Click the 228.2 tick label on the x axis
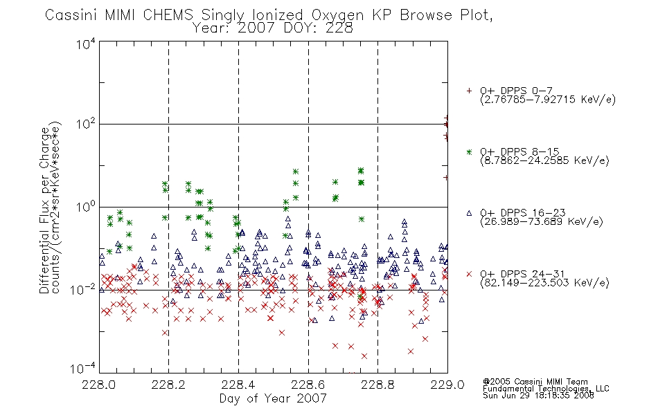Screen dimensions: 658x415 (x=169, y=385)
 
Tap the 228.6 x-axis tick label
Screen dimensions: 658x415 (x=308, y=385)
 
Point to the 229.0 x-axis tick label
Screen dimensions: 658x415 (x=447, y=385)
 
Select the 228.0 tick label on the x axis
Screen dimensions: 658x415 (x=98, y=385)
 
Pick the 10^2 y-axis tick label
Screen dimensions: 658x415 (x=86, y=124)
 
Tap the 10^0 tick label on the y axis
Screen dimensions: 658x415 (x=86, y=207)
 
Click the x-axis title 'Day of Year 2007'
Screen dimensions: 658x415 (x=273, y=398)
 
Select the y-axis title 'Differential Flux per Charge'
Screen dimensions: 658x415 (x=44, y=210)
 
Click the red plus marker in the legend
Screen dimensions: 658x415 (x=469, y=91)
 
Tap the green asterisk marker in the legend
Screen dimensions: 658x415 (x=469, y=151)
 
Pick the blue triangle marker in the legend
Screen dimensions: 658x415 (x=469, y=213)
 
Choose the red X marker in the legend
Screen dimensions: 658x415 (x=469, y=274)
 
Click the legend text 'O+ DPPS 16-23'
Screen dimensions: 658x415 (x=523, y=213)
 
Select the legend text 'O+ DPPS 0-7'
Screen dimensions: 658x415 (x=517, y=91)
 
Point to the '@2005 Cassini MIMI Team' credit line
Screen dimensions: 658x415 (x=535, y=382)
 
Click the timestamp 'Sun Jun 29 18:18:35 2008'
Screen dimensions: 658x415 (x=538, y=396)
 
